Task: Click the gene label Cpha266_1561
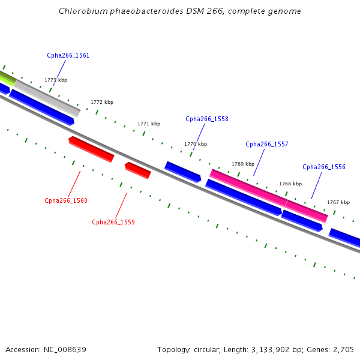pos(68,55)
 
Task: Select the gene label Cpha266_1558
pos(207,119)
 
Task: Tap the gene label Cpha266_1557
pos(267,144)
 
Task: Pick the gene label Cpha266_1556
pos(324,167)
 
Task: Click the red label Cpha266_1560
pos(66,200)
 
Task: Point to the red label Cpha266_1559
pos(113,222)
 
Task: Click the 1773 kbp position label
pos(56,80)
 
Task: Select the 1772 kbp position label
pos(102,103)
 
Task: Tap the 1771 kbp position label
pos(149,124)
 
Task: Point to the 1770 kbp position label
pos(196,144)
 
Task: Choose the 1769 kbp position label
pos(243,164)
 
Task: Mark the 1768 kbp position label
pos(290,184)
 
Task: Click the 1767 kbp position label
pos(338,202)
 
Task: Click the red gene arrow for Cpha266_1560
pos(91,149)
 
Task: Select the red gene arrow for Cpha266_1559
pos(138,170)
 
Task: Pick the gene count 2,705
pos(343,349)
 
